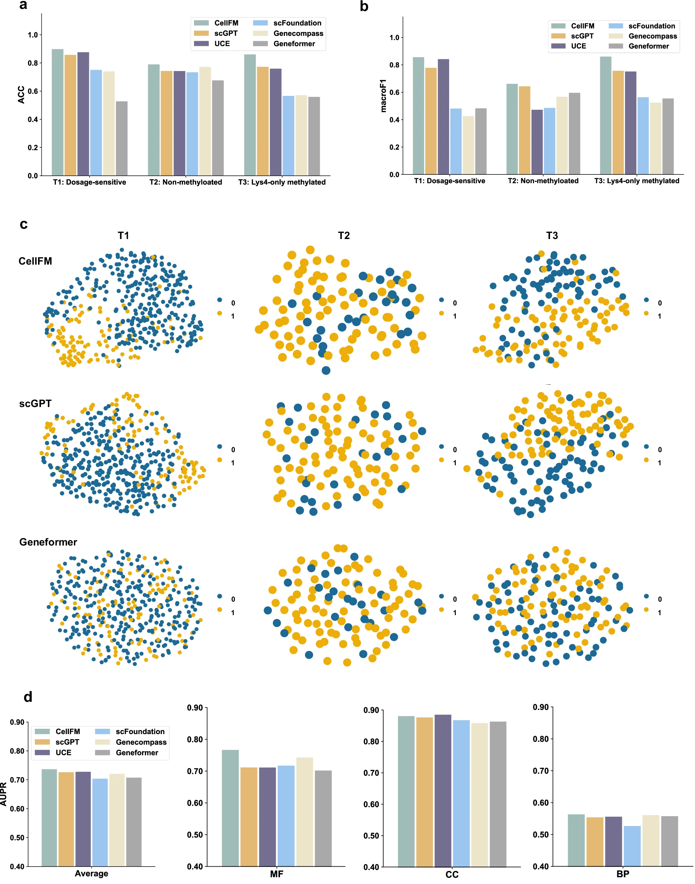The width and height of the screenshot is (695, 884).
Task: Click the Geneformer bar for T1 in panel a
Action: pyautogui.click(x=122, y=138)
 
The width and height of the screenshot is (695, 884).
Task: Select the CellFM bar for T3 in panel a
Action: pyautogui.click(x=250, y=115)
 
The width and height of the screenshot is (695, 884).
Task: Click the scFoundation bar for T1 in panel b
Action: pyautogui.click(x=456, y=141)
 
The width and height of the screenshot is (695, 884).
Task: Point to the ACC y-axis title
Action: pyautogui.click(x=21, y=95)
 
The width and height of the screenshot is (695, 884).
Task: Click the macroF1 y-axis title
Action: pyautogui.click(x=383, y=96)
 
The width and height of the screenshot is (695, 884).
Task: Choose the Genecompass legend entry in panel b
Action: pyautogui.click(x=652, y=36)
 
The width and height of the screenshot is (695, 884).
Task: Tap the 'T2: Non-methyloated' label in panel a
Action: pyautogui.click(x=185, y=182)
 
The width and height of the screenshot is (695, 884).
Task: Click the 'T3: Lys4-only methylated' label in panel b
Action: pyautogui.click(x=636, y=181)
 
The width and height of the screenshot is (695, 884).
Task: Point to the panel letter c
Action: pyautogui.click(x=23, y=224)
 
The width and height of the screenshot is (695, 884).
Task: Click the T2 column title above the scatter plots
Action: pyautogui.click(x=344, y=235)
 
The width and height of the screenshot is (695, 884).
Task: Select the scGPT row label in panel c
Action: pyautogui.click(x=36, y=403)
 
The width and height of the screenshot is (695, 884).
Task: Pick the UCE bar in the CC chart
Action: pyautogui.click(x=443, y=791)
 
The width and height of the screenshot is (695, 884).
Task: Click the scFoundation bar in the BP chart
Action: pyautogui.click(x=632, y=846)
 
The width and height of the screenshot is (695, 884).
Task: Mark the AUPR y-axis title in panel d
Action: pyautogui.click(x=4, y=794)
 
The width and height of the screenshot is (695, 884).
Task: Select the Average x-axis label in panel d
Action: pyautogui.click(x=92, y=873)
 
